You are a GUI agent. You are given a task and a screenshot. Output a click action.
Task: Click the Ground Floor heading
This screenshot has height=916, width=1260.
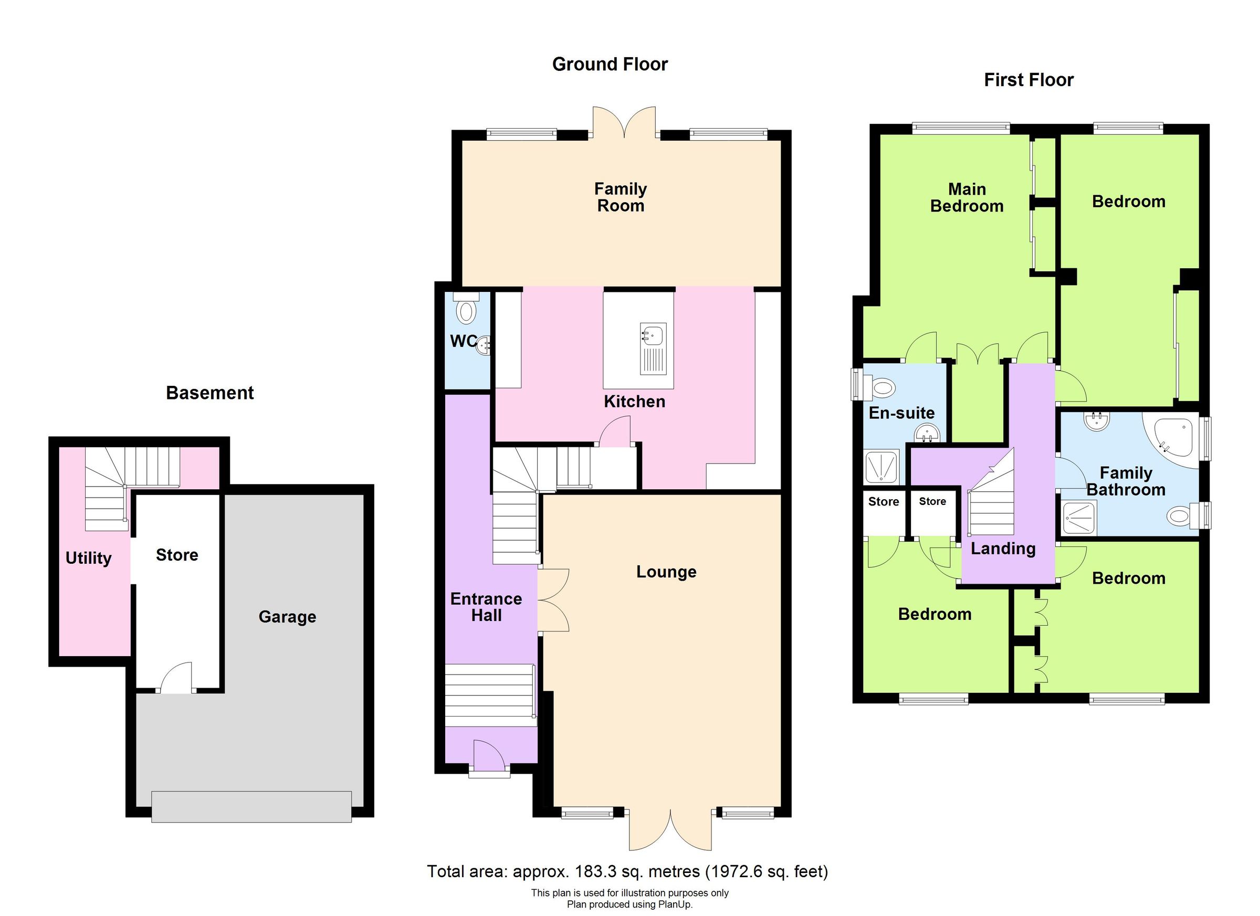610,65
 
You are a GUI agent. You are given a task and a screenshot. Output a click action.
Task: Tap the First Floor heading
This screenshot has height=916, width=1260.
1028,80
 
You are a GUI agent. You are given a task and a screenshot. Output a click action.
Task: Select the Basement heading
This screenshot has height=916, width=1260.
209,393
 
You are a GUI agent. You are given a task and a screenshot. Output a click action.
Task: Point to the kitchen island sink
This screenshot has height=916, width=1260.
653,336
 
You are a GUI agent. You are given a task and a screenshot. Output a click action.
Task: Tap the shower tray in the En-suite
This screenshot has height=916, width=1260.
881,466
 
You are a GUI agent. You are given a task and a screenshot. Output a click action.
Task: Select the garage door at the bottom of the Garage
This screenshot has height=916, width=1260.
251,806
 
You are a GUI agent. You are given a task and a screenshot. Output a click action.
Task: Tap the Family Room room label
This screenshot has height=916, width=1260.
620,197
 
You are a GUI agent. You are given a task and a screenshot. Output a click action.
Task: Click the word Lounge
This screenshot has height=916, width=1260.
666,572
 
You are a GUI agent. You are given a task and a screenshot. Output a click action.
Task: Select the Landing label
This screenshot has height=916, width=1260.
1003,549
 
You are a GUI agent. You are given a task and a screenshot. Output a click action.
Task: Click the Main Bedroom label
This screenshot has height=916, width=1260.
967,197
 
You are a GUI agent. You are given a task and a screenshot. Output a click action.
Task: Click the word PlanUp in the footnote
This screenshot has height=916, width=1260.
675,905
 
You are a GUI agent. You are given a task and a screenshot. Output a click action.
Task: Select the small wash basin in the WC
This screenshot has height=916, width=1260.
484,345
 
